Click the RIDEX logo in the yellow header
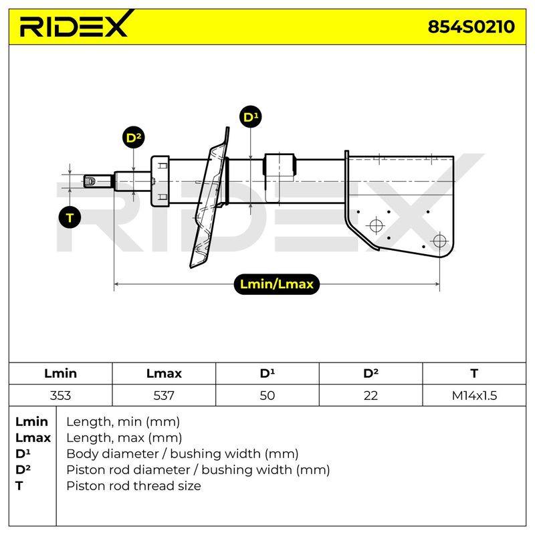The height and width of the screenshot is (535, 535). coord(74,24)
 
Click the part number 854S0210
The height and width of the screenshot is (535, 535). coord(471,27)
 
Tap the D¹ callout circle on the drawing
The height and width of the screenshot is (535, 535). coord(251,116)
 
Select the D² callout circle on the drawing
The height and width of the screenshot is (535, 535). coord(133,137)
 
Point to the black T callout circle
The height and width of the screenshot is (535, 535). coord(70,217)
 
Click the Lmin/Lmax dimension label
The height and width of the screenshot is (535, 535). coord(276,284)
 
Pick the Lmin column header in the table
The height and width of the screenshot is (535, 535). coord(60,373)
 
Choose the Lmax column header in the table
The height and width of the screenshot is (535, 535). coord(164,373)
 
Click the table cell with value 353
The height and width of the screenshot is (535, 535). coord(60,395)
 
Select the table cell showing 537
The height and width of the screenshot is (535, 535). coord(164,395)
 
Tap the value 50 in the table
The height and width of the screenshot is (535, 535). coord(267,395)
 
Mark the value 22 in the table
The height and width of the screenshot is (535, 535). coord(370,395)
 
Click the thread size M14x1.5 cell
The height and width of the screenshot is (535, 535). coord(474,395)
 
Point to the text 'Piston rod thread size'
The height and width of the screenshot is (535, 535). coord(133,486)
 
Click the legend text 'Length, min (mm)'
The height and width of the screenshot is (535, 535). coord(123,422)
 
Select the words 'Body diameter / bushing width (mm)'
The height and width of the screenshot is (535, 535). coord(183,454)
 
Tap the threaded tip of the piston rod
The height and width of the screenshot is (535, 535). coord(98,181)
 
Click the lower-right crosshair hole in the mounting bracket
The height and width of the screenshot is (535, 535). coord(439,241)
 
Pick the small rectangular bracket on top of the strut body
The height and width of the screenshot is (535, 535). coord(279,165)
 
